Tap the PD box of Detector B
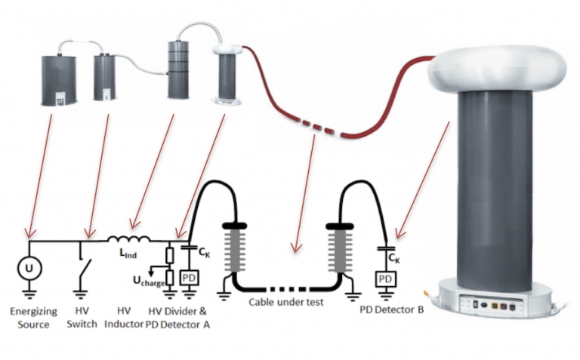386,279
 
